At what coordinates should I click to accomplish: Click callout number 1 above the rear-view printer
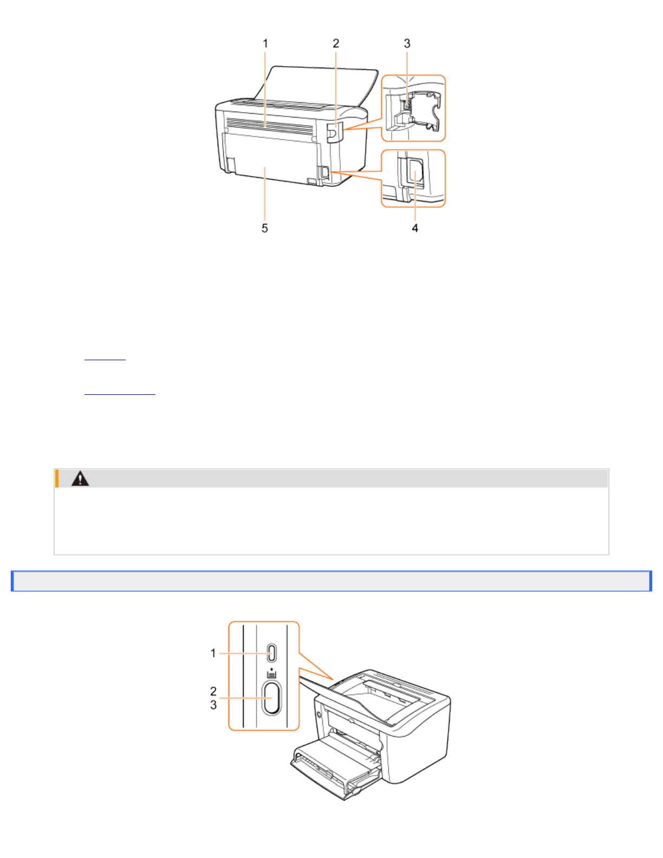point(265,43)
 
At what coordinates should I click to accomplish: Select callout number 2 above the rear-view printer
point(336,43)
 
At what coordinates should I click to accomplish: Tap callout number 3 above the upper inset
point(407,43)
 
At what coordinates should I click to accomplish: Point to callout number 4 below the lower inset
point(415,228)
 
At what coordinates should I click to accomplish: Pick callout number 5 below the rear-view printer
point(265,228)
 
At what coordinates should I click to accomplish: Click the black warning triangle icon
point(80,478)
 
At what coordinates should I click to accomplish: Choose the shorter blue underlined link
point(105,358)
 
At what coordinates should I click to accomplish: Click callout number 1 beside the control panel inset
point(213,653)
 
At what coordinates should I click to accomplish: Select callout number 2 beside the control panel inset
point(213,691)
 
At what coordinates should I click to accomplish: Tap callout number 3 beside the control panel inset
point(213,705)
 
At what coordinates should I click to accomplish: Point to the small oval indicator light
point(272,653)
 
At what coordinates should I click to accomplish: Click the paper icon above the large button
point(272,674)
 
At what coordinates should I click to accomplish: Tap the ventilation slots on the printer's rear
point(270,127)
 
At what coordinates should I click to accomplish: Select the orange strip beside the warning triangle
point(57,478)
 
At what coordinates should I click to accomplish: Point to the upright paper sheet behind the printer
point(320,84)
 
